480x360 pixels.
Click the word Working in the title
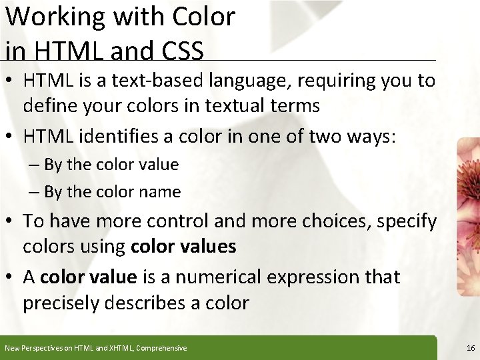click(55, 17)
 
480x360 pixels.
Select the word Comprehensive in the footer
click(162, 348)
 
